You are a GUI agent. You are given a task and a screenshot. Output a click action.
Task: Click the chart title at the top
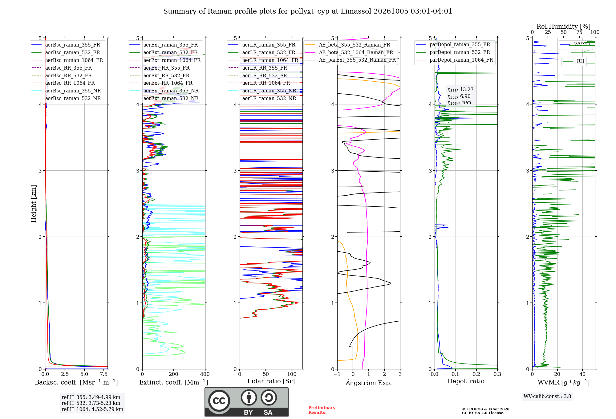tap(308, 11)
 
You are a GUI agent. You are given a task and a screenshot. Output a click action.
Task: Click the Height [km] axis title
tap(34, 204)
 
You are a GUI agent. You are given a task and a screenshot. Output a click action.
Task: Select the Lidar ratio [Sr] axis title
tap(271, 381)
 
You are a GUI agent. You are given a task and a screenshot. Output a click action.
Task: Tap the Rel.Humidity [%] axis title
tap(564, 26)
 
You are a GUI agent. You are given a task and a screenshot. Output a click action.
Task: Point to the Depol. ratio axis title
tap(466, 381)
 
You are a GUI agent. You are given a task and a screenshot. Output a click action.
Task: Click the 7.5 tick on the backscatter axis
tap(104, 374)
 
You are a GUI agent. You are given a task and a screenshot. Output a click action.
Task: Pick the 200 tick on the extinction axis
tap(174, 374)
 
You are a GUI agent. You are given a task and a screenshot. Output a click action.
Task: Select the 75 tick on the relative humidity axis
tap(579, 32)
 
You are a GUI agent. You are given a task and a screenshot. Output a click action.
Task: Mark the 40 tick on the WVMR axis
tap(582, 374)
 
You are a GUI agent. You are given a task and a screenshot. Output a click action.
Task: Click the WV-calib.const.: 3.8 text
tap(547, 397)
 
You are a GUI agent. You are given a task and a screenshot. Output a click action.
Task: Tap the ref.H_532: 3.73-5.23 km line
tap(91, 403)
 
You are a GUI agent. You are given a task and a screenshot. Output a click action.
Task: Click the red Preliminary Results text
tap(322, 410)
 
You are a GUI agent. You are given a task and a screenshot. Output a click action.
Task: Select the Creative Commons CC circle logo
tap(219, 401)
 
